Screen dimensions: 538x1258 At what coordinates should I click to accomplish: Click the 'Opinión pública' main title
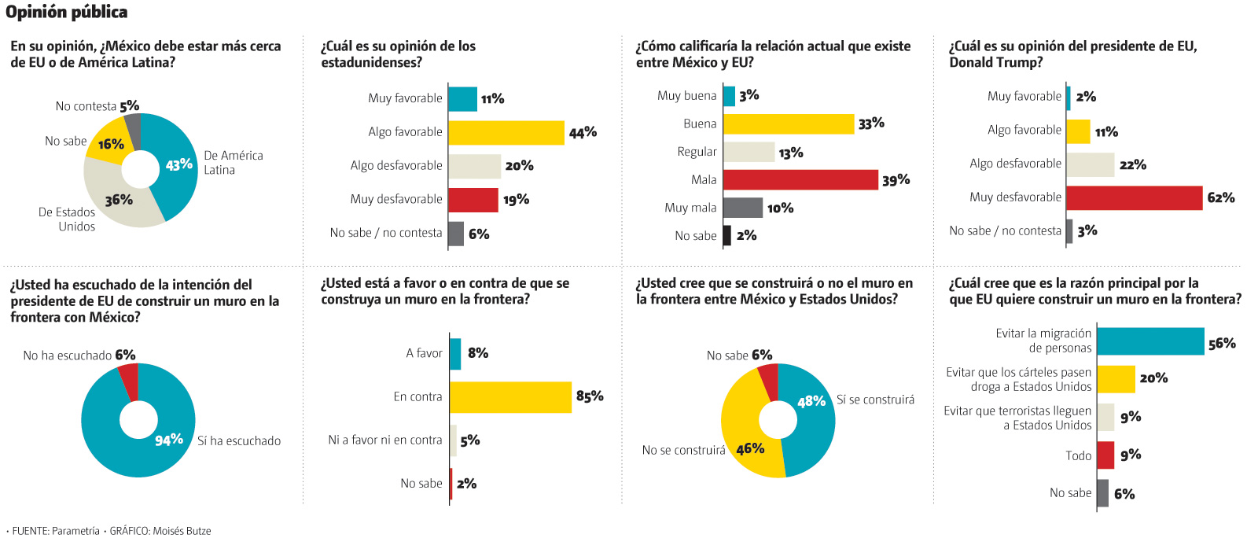66,12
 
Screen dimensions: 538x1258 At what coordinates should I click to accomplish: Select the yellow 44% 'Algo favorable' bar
506,132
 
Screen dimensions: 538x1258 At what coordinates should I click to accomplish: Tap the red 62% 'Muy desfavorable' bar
1134,197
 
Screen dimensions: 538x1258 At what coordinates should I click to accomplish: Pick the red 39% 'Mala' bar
800,180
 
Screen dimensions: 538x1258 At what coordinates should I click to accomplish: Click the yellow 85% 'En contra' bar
510,397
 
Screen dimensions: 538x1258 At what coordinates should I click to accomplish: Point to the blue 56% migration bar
1149,341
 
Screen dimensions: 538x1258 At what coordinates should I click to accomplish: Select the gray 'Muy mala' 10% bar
742,208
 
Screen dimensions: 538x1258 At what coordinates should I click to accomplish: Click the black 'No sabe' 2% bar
726,235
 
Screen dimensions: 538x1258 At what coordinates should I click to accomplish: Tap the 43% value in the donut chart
178,165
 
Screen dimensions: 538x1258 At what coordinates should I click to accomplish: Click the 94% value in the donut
168,440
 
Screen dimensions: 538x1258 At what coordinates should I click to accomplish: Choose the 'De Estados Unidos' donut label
67,219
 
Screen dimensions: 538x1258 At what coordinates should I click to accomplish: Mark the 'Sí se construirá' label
875,400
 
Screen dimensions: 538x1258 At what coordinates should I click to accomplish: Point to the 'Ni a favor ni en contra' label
384,440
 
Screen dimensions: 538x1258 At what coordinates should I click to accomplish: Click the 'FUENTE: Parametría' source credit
55,531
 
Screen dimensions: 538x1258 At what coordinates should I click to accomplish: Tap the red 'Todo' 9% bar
1105,455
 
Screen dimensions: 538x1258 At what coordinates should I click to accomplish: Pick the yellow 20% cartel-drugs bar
1115,379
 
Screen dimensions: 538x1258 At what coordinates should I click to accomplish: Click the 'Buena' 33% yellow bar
788,124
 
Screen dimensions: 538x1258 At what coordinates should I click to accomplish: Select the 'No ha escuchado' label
67,356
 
